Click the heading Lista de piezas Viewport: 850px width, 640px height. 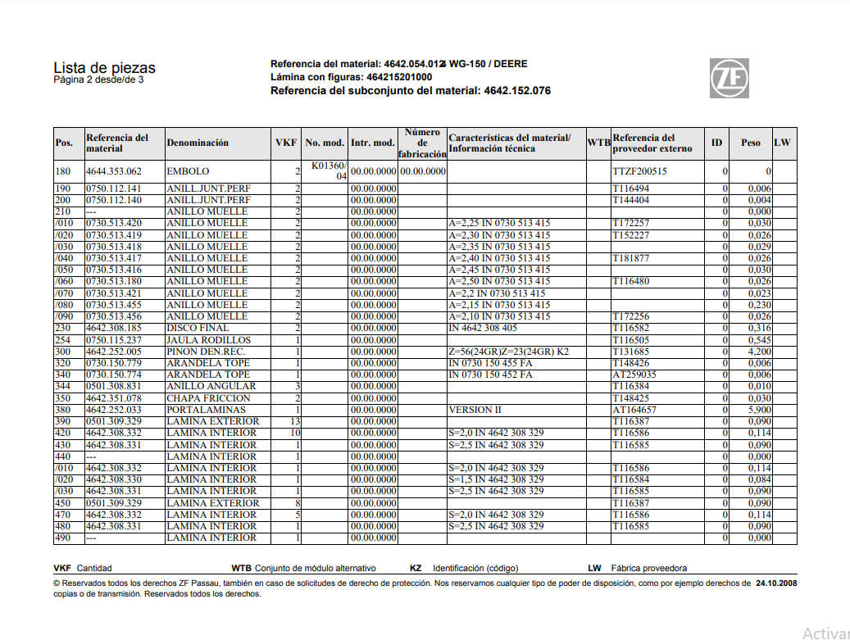(104, 68)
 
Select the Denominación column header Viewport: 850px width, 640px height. (198, 143)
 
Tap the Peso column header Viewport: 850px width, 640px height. (750, 143)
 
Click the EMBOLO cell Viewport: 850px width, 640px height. (188, 171)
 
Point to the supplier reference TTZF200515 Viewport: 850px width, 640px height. (639, 171)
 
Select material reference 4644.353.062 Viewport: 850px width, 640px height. (113, 171)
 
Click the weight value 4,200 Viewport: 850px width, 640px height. (759, 352)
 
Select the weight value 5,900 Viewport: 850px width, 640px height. (759, 410)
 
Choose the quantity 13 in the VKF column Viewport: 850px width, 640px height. (295, 421)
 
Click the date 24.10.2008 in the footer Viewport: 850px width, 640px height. (776, 584)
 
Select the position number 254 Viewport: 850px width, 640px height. (63, 340)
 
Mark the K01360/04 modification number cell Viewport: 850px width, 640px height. (329, 170)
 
